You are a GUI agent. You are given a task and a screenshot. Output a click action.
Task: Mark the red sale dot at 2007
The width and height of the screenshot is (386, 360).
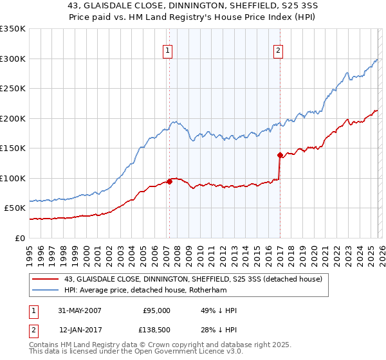[169, 181]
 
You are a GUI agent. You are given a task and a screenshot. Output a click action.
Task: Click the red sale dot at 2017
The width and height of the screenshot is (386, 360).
[280, 155]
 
